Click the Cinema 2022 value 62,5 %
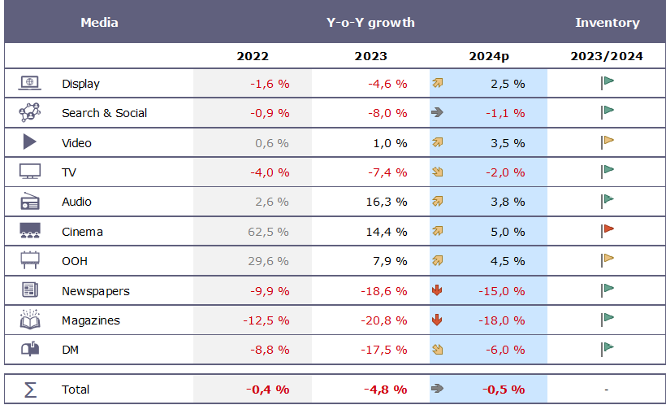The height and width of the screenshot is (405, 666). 268,232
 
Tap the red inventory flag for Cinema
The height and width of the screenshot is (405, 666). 608,230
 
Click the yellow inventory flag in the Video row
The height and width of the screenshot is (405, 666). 608,142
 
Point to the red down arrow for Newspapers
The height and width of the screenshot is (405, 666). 437,290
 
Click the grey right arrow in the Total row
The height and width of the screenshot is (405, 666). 437,389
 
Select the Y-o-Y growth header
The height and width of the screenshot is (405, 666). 370,22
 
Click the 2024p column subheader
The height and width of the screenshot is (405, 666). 489,56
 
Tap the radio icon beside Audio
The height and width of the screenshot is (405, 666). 30,202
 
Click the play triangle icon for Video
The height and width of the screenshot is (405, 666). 30,142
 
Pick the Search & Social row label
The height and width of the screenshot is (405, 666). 104,113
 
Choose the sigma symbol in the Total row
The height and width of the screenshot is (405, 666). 30,390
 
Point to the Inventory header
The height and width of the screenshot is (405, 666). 607,22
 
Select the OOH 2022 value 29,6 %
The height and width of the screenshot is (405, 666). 268,261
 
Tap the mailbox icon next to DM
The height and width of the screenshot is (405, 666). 30,350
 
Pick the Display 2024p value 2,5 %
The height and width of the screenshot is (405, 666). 508,84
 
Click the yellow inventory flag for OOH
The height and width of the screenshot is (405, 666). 608,259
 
